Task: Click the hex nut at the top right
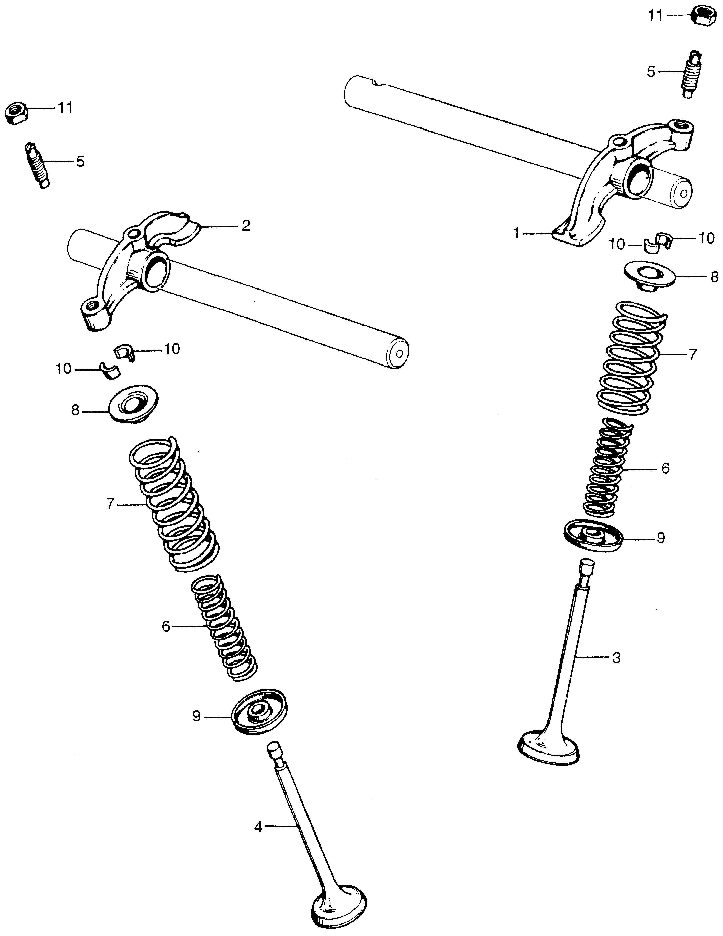tap(704, 17)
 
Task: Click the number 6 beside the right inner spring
tap(665, 468)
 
